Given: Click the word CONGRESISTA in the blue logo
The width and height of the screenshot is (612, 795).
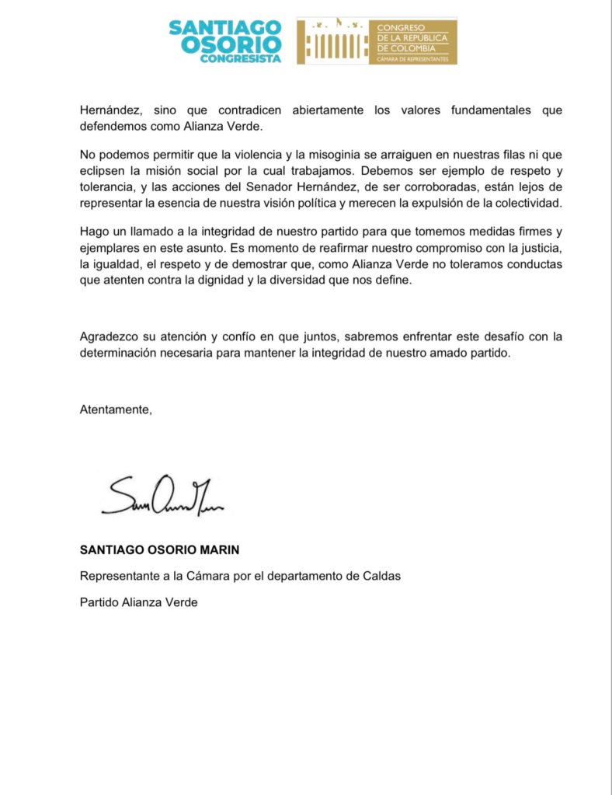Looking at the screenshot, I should (241, 60).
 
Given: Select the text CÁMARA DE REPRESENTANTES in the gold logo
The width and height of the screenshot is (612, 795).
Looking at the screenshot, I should (412, 58).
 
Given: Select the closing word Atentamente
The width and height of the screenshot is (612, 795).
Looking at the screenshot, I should (116, 410).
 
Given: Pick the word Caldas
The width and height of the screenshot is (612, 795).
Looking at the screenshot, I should (382, 576).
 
